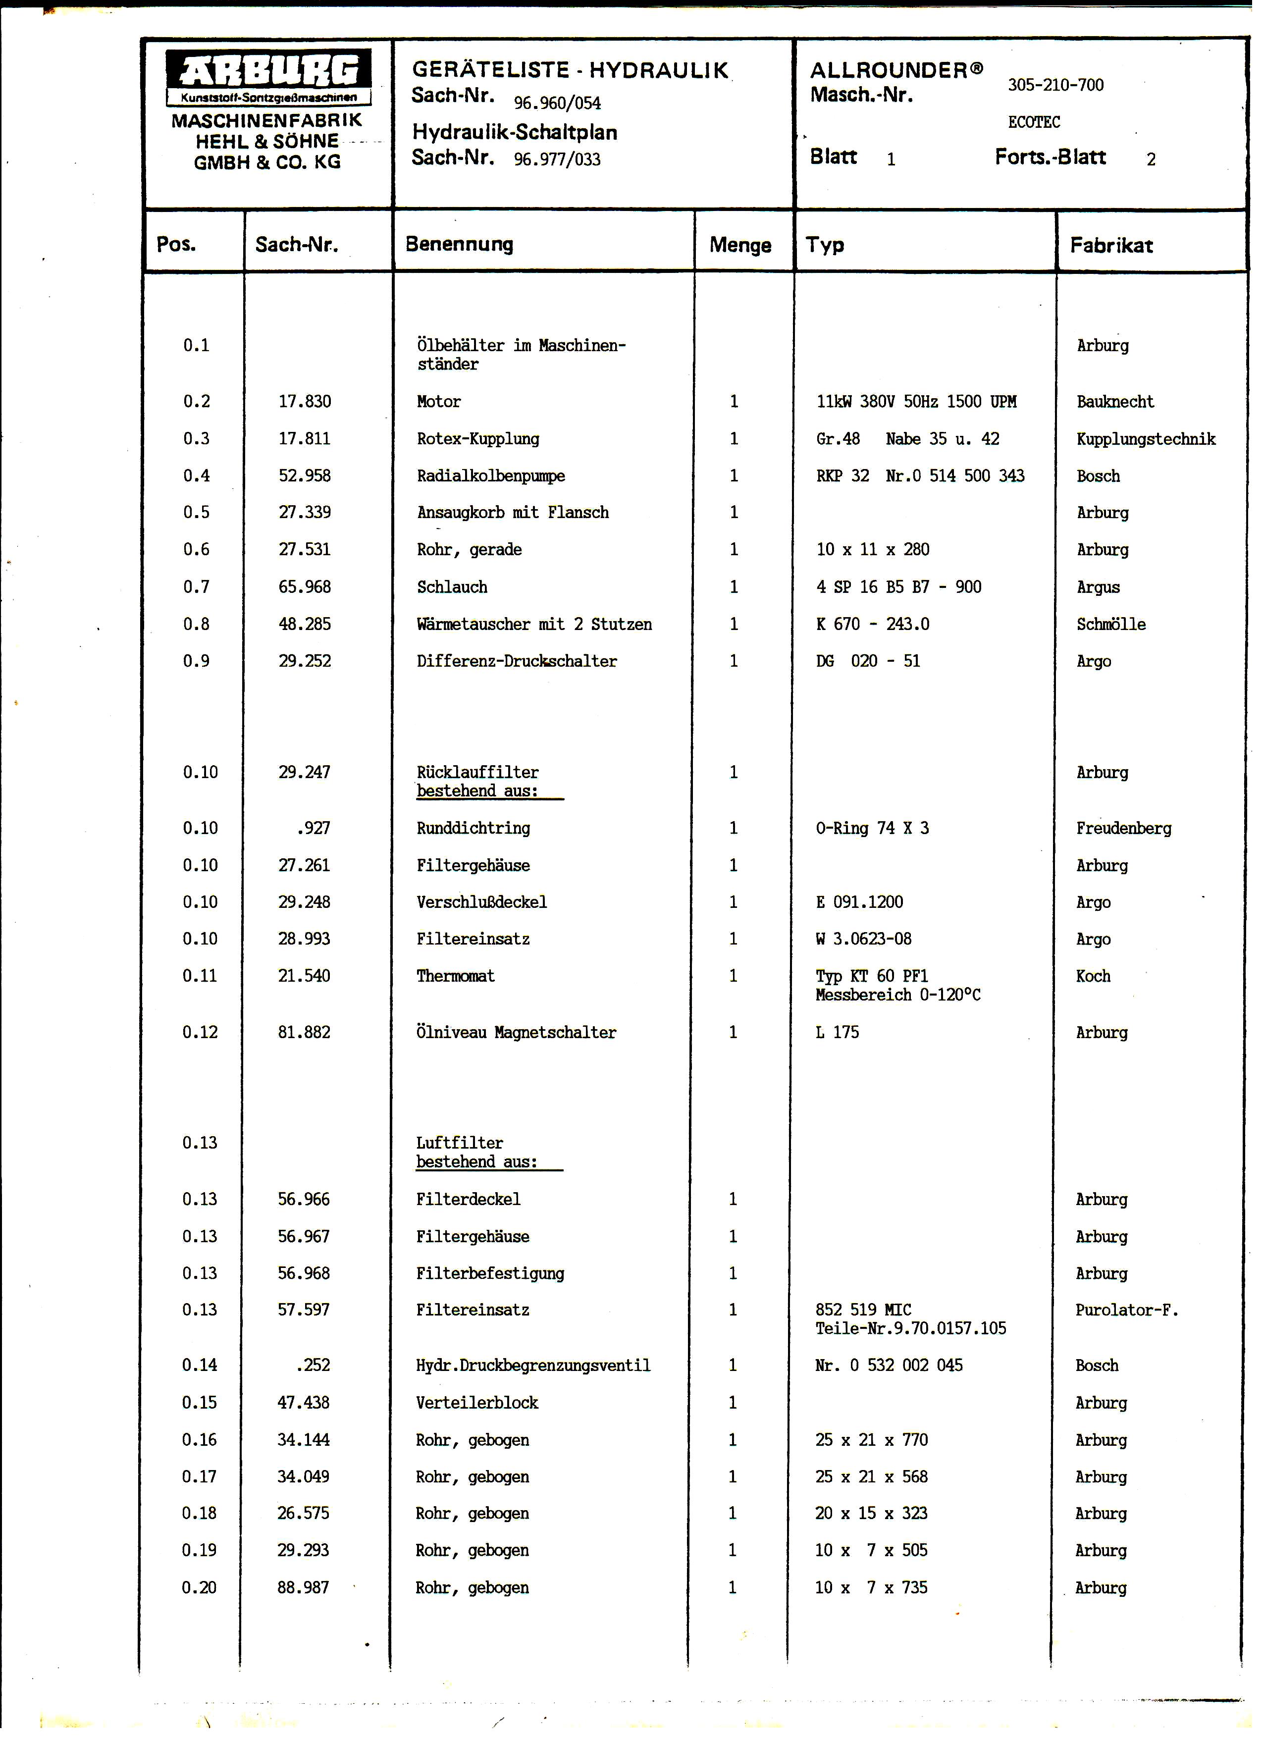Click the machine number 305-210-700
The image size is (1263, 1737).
[1055, 85]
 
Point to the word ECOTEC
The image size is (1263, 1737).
[1034, 122]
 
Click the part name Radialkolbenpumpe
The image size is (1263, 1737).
[491, 475]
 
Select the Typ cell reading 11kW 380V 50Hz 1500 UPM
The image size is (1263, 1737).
[916, 401]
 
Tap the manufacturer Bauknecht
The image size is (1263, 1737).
[1114, 401]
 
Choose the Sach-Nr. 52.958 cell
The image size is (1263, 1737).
[305, 475]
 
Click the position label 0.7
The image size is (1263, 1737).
[196, 586]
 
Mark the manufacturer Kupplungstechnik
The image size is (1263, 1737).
[1146, 439]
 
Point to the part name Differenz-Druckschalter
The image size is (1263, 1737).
[517, 661]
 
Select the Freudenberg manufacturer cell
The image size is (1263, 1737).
[1124, 828]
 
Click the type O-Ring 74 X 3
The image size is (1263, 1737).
[872, 828]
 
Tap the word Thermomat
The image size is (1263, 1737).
[456, 976]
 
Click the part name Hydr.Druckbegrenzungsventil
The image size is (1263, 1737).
[533, 1365]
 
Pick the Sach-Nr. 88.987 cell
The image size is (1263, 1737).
[303, 1587]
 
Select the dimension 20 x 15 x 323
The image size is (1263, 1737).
[871, 1513]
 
